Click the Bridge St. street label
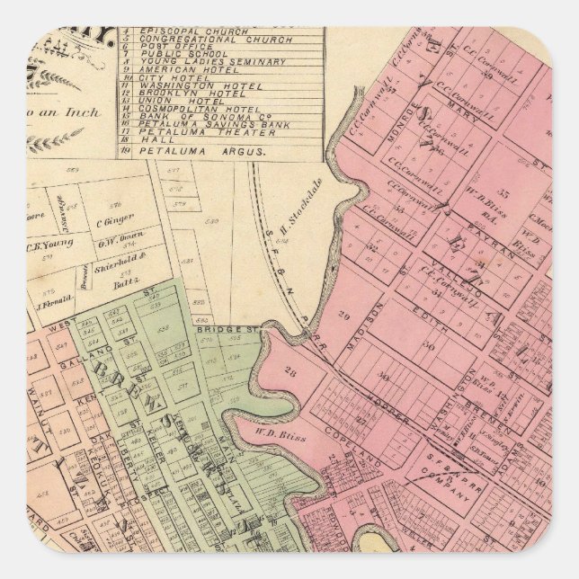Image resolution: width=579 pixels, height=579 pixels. (236, 329)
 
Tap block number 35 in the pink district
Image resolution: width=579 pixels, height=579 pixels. (503, 192)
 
